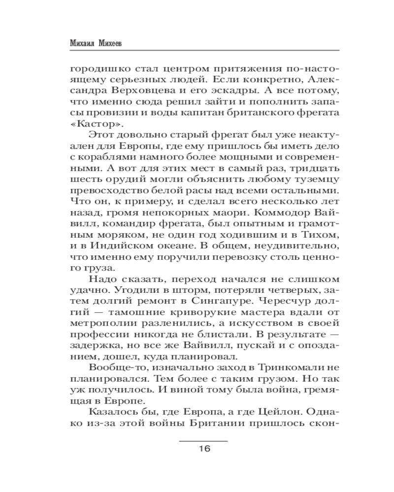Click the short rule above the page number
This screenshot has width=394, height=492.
[x=203, y=441]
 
